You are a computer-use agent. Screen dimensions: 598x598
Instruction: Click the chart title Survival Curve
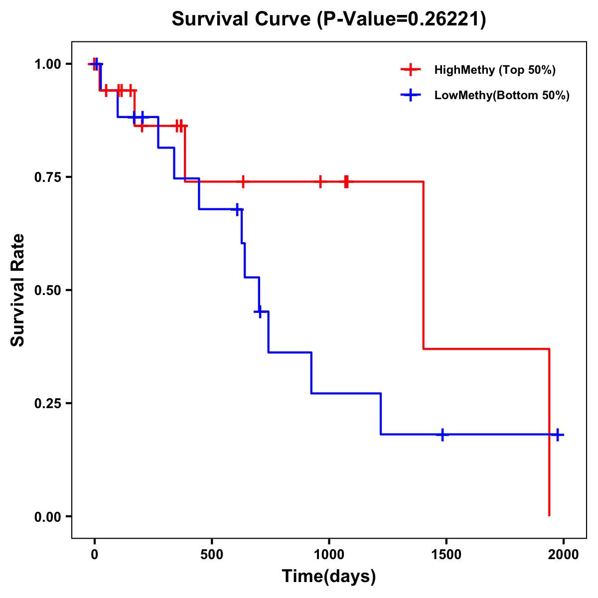coord(243,19)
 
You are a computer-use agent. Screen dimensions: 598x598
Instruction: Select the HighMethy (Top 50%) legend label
coord(494,70)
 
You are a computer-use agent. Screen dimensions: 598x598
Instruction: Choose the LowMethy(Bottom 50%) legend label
coord(501,95)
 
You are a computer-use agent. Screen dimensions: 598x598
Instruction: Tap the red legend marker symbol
coord(411,70)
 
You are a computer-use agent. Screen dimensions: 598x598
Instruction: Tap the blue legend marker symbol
coord(411,95)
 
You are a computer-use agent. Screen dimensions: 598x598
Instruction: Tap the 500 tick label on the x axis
coord(212,555)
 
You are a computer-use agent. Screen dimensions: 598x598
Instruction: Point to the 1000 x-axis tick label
coord(329,555)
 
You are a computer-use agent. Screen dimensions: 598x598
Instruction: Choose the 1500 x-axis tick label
coord(446,555)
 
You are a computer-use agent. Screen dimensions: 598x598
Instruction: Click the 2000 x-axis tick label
coord(564,555)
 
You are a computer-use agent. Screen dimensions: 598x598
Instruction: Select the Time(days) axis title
coord(329,577)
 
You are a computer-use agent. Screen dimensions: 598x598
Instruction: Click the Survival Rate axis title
coord(18,290)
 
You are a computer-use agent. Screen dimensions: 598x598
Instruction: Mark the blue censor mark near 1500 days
coord(442,435)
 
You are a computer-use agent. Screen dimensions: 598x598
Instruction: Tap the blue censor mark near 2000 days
coord(558,435)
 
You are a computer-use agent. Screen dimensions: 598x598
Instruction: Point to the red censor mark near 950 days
coord(320,182)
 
